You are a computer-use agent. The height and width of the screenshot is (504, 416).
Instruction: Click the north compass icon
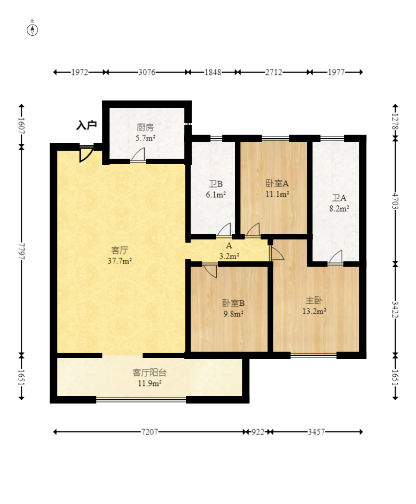pyautogui.click(x=32, y=30)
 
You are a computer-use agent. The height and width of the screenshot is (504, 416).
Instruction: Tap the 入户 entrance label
pyautogui.click(x=86, y=125)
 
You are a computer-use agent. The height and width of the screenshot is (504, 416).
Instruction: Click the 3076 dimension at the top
pyautogui.click(x=147, y=72)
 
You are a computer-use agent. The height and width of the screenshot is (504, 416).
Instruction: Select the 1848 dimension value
pyautogui.click(x=213, y=72)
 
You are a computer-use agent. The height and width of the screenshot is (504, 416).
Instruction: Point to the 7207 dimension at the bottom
pyautogui.click(x=150, y=432)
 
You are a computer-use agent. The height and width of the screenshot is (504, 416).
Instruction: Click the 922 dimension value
pyautogui.click(x=257, y=432)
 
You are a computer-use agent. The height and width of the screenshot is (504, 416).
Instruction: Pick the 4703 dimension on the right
pyautogui.click(x=396, y=200)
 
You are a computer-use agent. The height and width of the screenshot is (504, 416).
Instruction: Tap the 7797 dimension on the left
pyautogui.click(x=21, y=251)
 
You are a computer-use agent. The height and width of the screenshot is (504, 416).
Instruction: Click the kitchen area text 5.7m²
pyautogui.click(x=145, y=138)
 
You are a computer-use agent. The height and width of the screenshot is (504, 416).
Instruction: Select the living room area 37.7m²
pyautogui.click(x=120, y=261)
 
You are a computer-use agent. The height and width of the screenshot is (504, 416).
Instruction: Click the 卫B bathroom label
pyautogui.click(x=216, y=184)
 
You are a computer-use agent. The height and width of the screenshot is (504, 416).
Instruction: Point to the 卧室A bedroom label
pyautogui.click(x=277, y=183)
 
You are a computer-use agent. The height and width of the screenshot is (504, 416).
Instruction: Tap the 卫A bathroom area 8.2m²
pyautogui.click(x=339, y=208)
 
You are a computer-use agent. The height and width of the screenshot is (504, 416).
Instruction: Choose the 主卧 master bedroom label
pyautogui.click(x=314, y=300)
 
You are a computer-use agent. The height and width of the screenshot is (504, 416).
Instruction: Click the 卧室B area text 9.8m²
pyautogui.click(x=233, y=314)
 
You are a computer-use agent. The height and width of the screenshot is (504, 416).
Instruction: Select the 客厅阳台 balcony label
pyautogui.click(x=150, y=373)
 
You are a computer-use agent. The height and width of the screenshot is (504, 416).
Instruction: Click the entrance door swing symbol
pyautogui.click(x=86, y=154)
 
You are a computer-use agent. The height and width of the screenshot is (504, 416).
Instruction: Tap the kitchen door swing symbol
pyautogui.click(x=138, y=154)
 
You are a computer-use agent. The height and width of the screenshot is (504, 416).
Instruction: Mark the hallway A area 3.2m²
pyautogui.click(x=229, y=256)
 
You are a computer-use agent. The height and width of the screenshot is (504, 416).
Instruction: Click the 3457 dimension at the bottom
pyautogui.click(x=317, y=432)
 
